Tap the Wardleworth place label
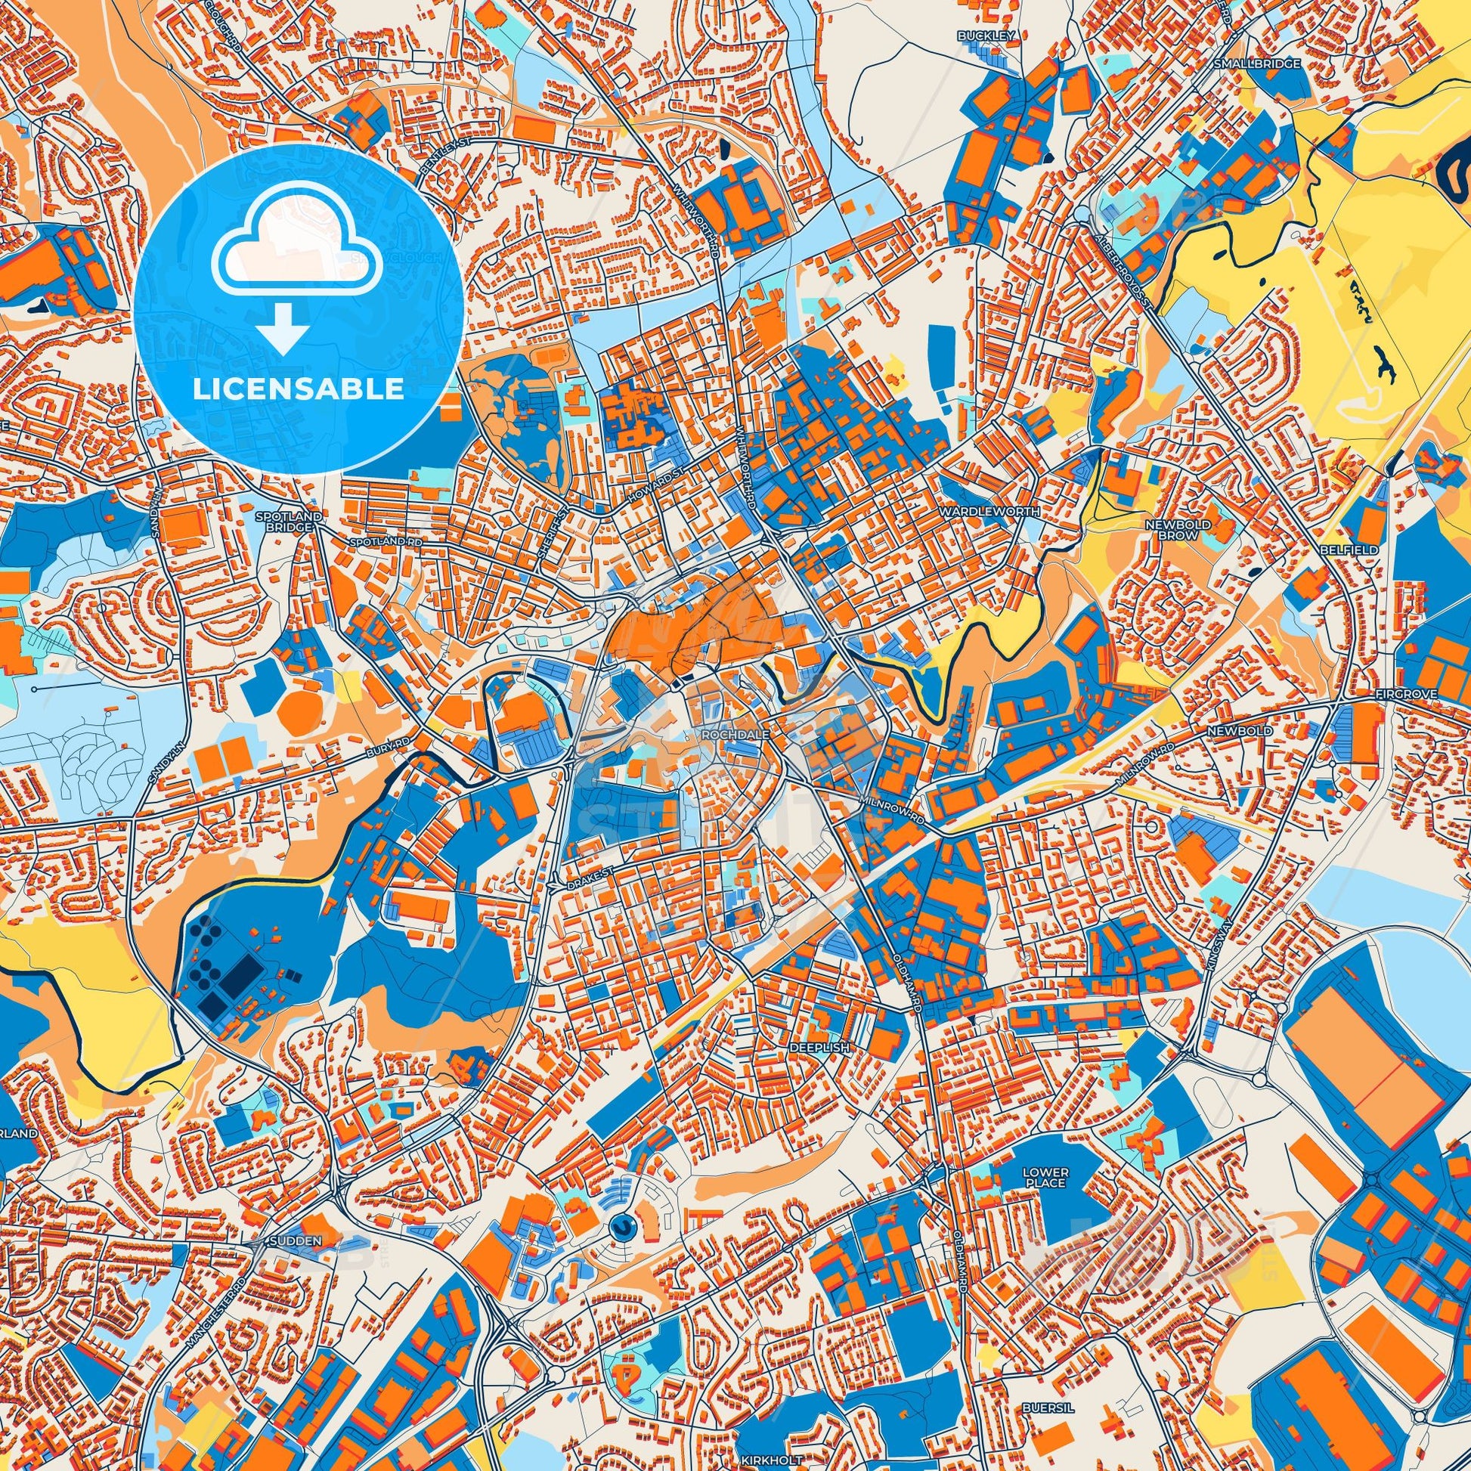(x=989, y=512)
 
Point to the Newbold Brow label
(x=1188, y=530)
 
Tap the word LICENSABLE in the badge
(x=298, y=389)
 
